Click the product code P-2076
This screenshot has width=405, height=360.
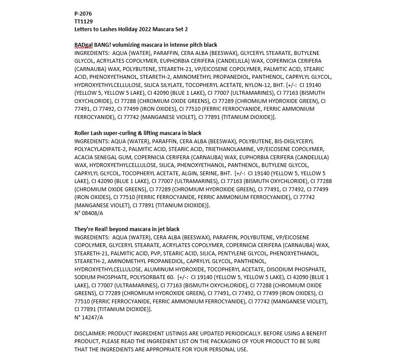pyautogui.click(x=83, y=13)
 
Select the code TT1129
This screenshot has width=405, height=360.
pyautogui.click(x=84, y=21)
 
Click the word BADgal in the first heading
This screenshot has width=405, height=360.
pyautogui.click(x=84, y=45)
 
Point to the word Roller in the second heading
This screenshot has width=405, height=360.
pyautogui.click(x=83, y=133)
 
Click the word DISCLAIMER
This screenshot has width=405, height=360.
pyautogui.click(x=90, y=334)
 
